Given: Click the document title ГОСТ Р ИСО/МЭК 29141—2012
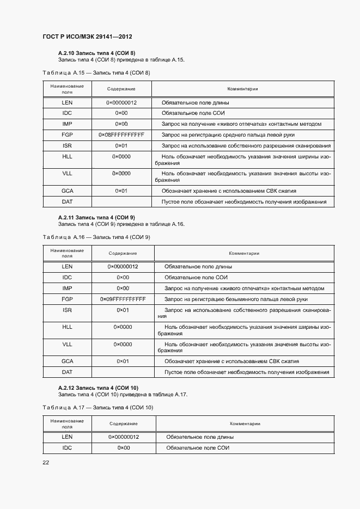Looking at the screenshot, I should (x=87, y=37).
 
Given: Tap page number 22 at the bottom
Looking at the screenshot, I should (x=46, y=462).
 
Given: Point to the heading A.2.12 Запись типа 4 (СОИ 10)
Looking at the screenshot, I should (x=97, y=388).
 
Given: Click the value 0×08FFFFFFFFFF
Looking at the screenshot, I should (x=121, y=134).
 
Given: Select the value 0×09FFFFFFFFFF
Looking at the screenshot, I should (x=123, y=299).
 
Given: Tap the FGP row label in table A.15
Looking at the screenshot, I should (x=67, y=134).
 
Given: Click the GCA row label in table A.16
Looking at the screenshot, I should (x=67, y=361).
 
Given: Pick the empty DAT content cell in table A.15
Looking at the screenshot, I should (x=121, y=202).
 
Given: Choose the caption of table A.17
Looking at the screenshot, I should (x=97, y=407).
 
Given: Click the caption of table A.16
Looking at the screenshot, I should (x=96, y=237).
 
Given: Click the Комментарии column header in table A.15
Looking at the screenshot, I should (x=242, y=89).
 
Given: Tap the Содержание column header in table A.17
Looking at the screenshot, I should (x=123, y=424).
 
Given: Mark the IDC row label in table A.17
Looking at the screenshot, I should (x=67, y=447).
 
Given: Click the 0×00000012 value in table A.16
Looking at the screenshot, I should (x=123, y=267).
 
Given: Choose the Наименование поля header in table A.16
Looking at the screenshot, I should (x=67, y=253).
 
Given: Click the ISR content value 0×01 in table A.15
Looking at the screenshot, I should (x=121, y=146).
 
